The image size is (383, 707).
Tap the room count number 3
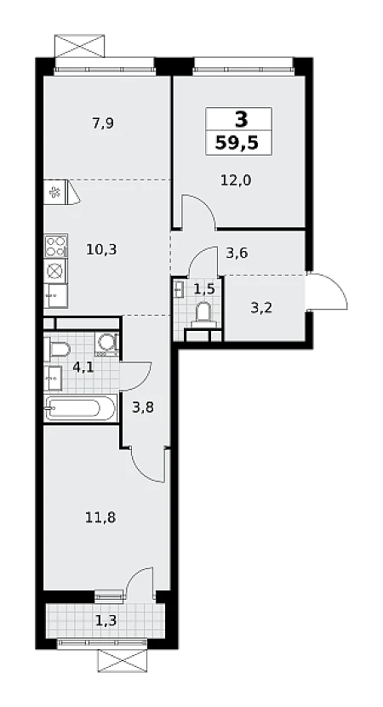tap(242, 120)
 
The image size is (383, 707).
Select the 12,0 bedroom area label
tap(236, 180)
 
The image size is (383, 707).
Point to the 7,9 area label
tap(103, 123)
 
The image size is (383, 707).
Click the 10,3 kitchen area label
tap(101, 249)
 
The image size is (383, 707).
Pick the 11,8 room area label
tap(100, 517)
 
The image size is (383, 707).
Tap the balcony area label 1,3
tap(106, 621)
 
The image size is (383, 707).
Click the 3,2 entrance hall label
tap(261, 309)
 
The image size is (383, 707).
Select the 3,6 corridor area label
tap(237, 253)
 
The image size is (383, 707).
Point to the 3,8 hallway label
tap(143, 408)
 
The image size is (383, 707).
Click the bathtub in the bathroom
tap(80, 408)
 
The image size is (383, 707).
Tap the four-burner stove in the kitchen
tap(56, 246)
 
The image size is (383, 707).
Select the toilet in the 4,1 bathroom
tap(59, 349)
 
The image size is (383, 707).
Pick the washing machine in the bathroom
tap(107, 345)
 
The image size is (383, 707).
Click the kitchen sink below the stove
tap(56, 296)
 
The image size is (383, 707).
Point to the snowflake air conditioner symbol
tap(56, 193)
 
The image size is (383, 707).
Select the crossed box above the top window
tap(79, 46)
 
